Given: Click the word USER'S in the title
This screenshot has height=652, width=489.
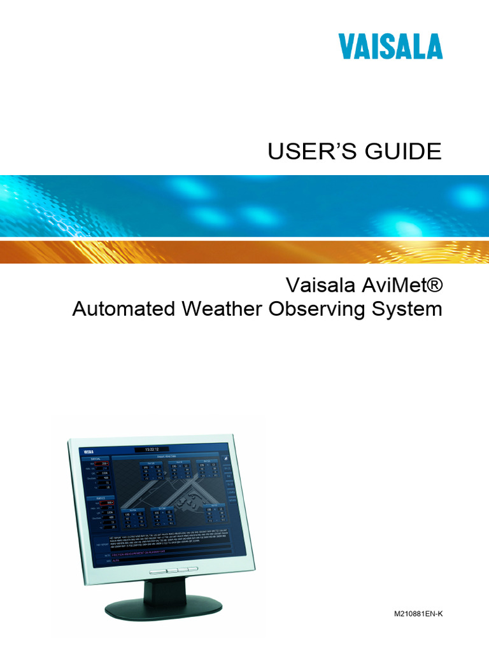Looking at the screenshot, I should [303, 152].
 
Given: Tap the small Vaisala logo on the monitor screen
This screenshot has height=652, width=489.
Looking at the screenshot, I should [87, 451].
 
